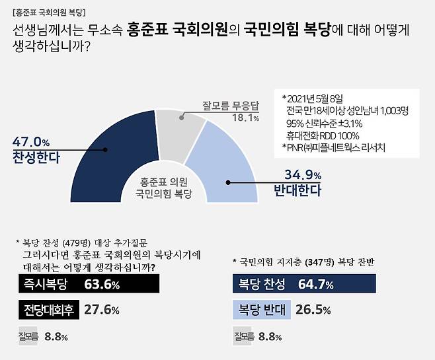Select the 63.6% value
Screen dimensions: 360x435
(102, 285)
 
